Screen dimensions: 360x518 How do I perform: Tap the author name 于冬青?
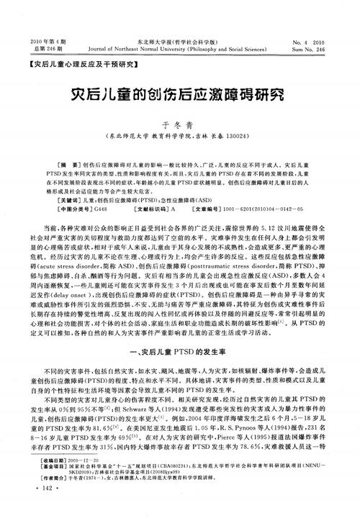pyautogui.click(x=180, y=123)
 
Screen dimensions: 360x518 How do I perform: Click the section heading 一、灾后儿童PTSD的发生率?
pyautogui.click(x=180, y=346)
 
